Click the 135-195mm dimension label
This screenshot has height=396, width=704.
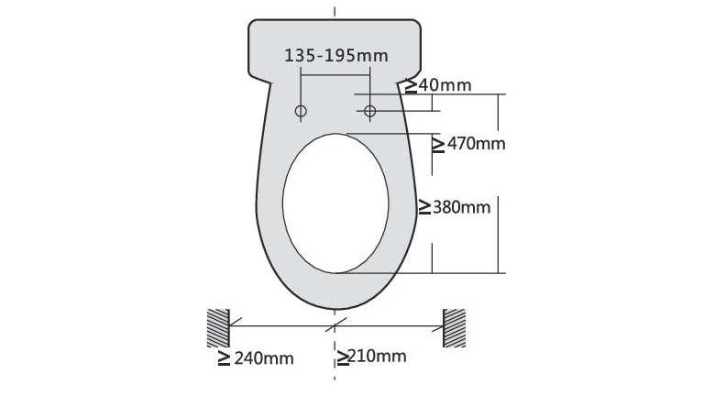(x=336, y=55)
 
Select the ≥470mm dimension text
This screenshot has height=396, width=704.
(x=468, y=144)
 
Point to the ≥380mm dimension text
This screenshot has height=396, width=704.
(x=455, y=207)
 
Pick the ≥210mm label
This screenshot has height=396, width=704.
(x=370, y=356)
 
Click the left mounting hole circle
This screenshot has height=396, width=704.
(x=301, y=111)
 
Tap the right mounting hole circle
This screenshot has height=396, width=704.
(x=369, y=111)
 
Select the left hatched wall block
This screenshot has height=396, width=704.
(x=217, y=327)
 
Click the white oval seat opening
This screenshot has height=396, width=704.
(x=335, y=203)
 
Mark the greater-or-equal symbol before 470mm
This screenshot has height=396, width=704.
(x=438, y=144)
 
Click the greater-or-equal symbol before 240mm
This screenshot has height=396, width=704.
(x=224, y=358)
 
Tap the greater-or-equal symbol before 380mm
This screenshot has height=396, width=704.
(x=425, y=207)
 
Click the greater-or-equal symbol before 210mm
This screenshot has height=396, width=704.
(x=341, y=356)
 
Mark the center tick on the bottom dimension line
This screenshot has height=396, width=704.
(x=335, y=324)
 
